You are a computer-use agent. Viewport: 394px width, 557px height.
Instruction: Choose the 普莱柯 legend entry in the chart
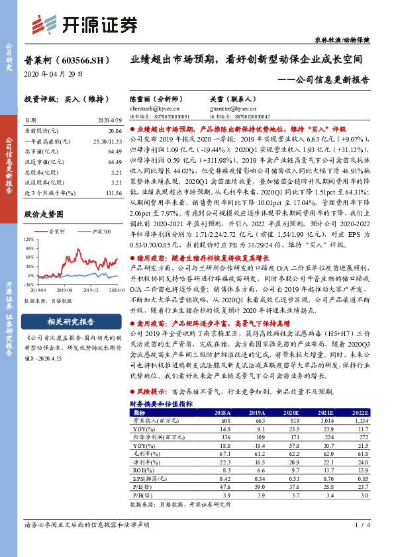click(60, 231)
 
